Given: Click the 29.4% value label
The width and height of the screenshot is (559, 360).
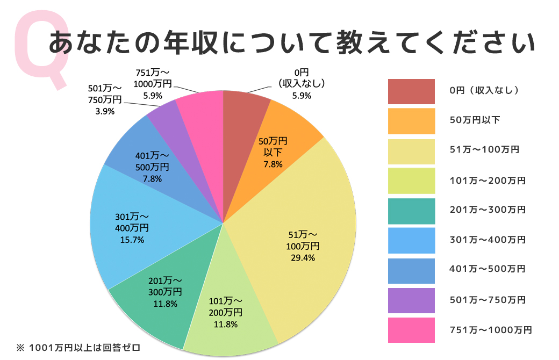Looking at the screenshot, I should [x=303, y=257].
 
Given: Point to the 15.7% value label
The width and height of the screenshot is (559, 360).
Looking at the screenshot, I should [x=131, y=240].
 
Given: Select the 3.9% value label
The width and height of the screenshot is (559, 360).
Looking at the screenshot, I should [x=104, y=111].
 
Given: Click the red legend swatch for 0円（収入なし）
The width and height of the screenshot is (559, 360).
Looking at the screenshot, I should [x=411, y=91].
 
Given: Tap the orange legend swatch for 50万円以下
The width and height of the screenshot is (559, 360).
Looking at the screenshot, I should [x=411, y=121].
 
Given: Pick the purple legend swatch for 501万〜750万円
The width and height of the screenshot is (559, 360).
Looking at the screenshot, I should [x=411, y=300].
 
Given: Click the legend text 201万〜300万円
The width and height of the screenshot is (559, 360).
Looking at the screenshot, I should [x=487, y=210].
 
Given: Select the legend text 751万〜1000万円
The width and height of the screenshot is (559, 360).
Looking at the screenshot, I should [x=490, y=330].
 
